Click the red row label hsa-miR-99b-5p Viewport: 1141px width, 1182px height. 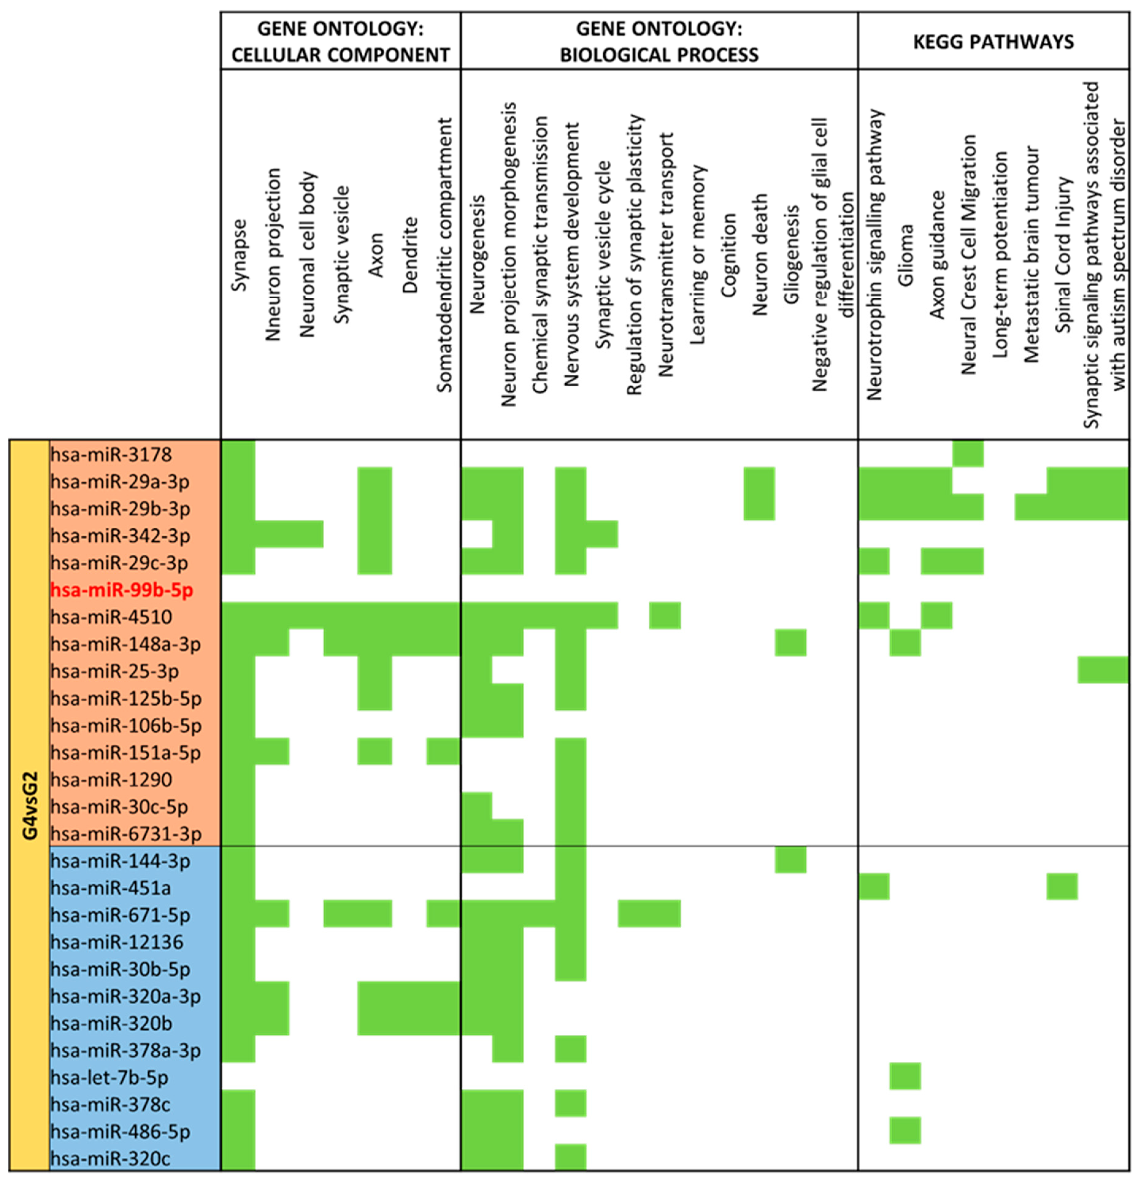click(x=122, y=590)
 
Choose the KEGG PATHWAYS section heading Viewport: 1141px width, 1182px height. click(x=993, y=42)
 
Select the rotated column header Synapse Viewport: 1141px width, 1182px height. click(x=239, y=255)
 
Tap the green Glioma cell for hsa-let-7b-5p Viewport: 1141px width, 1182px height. click(x=905, y=1077)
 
